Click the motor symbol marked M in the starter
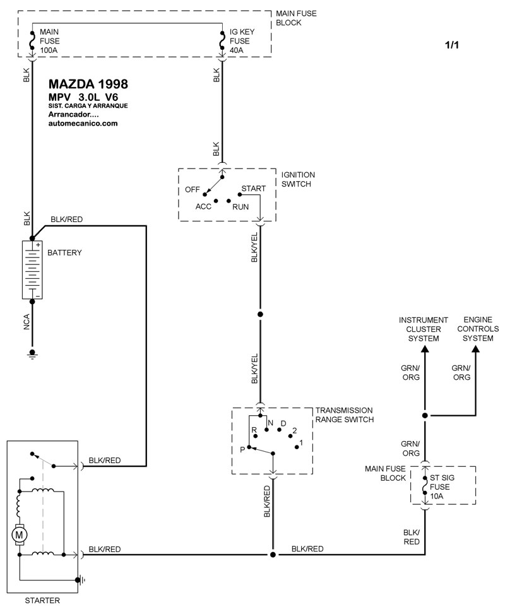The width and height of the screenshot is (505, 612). tap(19, 534)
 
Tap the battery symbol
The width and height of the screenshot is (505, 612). tap(32, 269)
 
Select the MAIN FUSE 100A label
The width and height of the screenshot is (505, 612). tap(50, 41)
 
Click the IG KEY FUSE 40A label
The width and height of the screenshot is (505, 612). tap(242, 41)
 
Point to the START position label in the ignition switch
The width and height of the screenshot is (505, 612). tap(254, 189)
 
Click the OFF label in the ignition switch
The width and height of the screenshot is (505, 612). tap(192, 190)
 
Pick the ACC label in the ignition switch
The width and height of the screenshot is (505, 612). tap(203, 206)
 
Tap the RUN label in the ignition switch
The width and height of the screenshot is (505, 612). tap(241, 207)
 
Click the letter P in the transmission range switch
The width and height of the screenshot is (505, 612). tap(242, 450)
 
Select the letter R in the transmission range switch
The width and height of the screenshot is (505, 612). tap(254, 430)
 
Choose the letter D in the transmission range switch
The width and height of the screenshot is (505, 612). tap(283, 423)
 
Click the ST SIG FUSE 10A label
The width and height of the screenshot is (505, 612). tap(442, 486)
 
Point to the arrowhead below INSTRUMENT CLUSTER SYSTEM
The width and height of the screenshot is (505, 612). tap(425, 349)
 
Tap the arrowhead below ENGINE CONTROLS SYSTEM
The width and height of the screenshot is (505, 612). tap(475, 349)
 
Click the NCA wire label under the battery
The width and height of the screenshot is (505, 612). tap(27, 322)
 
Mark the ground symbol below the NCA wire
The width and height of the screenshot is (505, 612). tap(32, 354)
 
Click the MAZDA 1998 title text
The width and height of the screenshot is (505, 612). tap(88, 84)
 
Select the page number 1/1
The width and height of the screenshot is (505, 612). tap(452, 45)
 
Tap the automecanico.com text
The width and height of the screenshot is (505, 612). tap(83, 123)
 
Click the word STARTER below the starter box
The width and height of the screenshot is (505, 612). tap(42, 600)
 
